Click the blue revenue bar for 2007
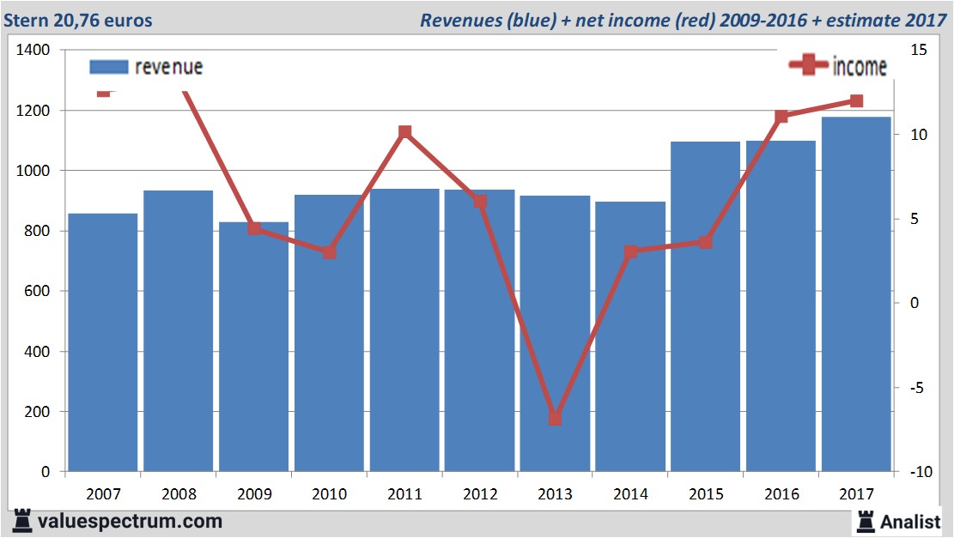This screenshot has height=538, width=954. tap(103, 343)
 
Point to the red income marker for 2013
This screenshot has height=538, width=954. tap(555, 418)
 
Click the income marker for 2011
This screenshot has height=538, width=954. tap(404, 132)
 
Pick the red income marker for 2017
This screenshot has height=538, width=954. tap(856, 101)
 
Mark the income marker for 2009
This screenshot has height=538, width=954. tap(254, 228)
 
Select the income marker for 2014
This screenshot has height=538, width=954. tap(630, 252)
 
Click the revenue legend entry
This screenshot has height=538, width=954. tap(146, 67)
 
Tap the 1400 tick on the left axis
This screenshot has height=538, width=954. tap(33, 51)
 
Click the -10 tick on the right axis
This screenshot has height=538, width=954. tap(915, 472)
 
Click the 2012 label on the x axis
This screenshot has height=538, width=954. tap(480, 494)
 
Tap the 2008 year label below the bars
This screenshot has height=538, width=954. tap(179, 494)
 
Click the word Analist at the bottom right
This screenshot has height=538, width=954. tap(911, 521)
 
